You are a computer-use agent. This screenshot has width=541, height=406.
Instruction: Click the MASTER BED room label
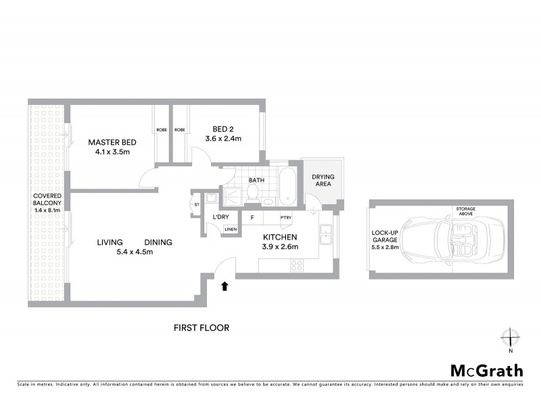[x=113, y=143]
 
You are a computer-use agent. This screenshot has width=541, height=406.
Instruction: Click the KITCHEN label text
[x=280, y=237]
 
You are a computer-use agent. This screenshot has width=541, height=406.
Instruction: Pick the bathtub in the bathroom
[x=287, y=189]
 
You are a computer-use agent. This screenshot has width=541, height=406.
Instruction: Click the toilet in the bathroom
[x=252, y=195]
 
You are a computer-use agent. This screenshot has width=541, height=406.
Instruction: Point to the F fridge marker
[x=252, y=217]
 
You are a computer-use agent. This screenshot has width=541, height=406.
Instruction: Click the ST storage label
[x=197, y=204]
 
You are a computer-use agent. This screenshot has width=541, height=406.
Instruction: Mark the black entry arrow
[x=225, y=286]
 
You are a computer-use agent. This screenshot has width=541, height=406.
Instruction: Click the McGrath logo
[x=486, y=370]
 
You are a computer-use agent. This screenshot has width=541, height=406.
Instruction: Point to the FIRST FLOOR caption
[x=202, y=328]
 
